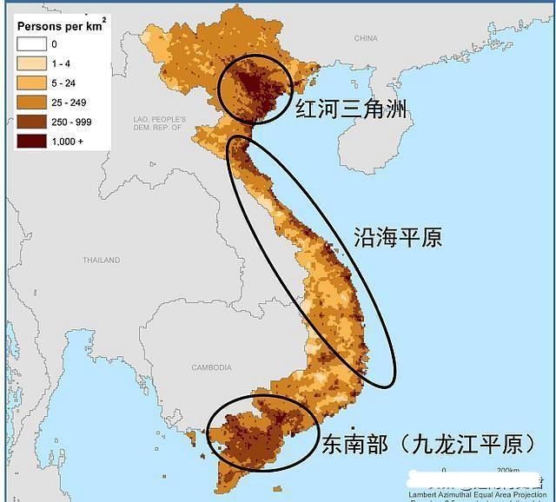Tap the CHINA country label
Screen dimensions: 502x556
(366, 38)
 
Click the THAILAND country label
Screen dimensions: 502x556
(101, 260)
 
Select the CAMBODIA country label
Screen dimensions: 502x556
(211, 367)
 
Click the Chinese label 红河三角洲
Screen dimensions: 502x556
(351, 109)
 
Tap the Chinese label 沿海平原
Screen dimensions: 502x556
(397, 237)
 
